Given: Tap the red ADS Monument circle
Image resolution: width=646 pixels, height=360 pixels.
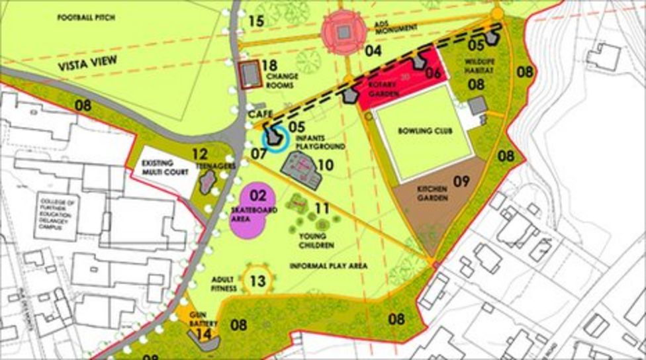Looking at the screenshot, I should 343,31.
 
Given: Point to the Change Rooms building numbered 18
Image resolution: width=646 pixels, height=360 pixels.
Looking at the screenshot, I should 250,75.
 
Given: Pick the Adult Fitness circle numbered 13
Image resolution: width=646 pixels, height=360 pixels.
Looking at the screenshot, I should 256,281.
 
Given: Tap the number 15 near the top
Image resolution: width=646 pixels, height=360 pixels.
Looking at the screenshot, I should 256,21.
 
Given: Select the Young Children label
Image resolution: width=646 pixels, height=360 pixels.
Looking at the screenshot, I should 315,240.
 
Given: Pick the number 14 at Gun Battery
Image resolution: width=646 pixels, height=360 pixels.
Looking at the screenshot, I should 205,334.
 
